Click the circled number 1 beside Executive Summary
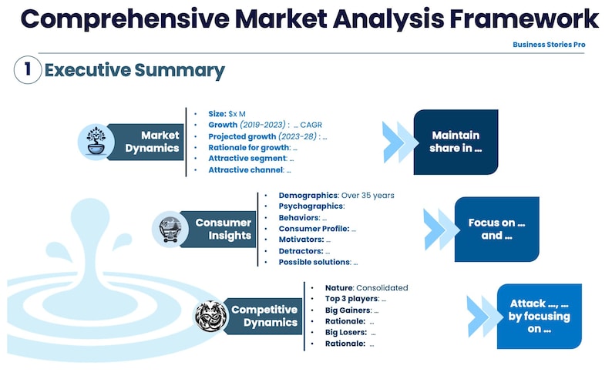pyautogui.click(x=27, y=70)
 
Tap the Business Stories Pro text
pyautogui.click(x=549, y=45)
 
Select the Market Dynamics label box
pyautogui.click(x=149, y=142)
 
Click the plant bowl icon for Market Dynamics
pyautogui.click(x=96, y=142)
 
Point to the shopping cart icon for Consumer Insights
pyautogui.click(x=170, y=229)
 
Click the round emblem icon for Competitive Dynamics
pyautogui.click(x=211, y=316)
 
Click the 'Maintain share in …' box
pyautogui.click(x=456, y=142)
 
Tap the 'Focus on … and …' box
pyautogui.click(x=496, y=229)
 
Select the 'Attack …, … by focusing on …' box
pyautogui.click(x=540, y=316)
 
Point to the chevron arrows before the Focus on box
pyautogui.click(x=440, y=229)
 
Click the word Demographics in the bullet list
pyautogui.click(x=308, y=196)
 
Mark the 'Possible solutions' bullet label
pyautogui.click(x=314, y=262)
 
